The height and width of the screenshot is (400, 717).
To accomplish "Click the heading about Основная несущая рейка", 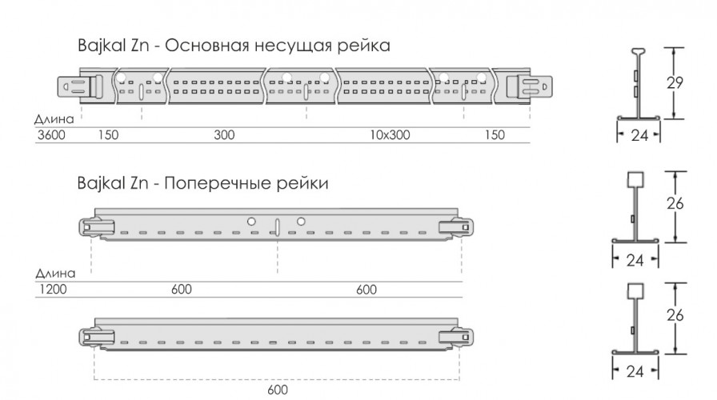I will point(234,46).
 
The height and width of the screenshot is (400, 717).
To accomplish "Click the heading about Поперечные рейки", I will point(202,184).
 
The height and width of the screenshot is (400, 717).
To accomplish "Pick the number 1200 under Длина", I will point(51,289).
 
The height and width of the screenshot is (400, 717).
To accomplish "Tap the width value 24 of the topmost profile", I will point(639,136).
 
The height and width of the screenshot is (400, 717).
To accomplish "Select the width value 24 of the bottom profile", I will point(635,371).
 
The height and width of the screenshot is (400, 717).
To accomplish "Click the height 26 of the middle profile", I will point(675,204).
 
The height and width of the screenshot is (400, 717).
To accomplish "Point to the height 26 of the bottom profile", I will point(675,315).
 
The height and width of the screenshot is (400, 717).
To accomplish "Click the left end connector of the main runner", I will point(80,85).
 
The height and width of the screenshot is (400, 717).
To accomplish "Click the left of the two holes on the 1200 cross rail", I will point(250,220).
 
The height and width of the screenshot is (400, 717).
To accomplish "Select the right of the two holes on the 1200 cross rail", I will point(301,220).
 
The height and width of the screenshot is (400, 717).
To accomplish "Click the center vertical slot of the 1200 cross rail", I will point(276,226).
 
